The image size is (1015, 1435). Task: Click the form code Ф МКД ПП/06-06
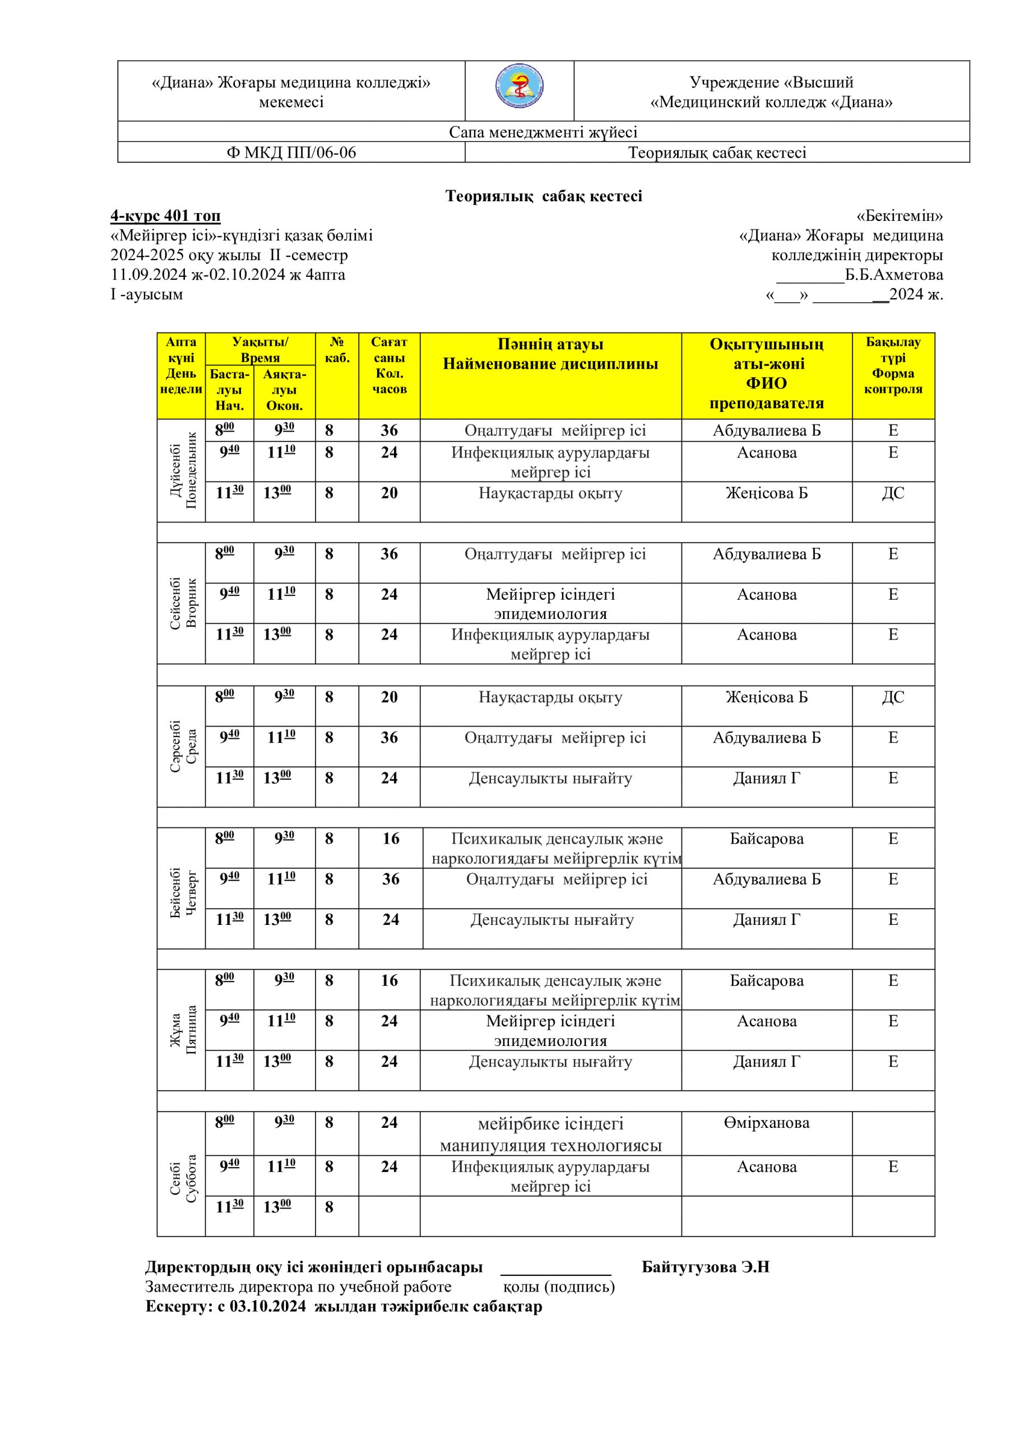pos(291,152)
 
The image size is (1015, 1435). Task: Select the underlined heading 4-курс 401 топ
pos(166,216)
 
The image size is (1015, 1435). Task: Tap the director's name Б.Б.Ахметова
pos(894,275)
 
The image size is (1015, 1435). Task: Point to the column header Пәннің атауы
pos(550,344)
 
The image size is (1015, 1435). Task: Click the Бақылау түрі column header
pos(893,350)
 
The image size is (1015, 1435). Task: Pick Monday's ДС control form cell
pos(893,493)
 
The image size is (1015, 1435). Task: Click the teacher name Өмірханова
pos(766,1123)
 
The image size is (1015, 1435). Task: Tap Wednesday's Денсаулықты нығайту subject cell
pos(550,778)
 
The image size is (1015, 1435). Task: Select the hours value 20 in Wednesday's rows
pos(389,697)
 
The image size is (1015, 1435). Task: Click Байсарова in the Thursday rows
pos(766,839)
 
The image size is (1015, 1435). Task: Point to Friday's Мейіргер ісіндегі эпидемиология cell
pos(550,1031)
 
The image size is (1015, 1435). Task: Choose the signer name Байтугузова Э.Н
pos(705,1267)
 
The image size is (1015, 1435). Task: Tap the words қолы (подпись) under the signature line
pos(559,1287)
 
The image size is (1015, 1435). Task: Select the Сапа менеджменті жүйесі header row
pos(543,132)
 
